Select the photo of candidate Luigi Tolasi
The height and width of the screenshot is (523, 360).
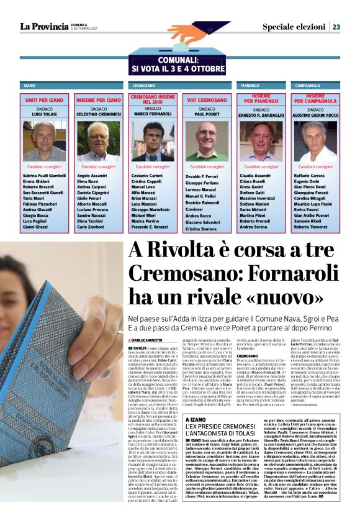[45, 141]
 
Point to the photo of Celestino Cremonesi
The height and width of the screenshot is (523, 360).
[99, 141]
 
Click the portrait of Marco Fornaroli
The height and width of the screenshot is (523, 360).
[153, 141]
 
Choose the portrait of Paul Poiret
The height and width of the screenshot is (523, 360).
[207, 141]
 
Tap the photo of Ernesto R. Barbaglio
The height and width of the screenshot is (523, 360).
[261, 141]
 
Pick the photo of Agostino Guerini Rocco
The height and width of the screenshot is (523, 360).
[315, 141]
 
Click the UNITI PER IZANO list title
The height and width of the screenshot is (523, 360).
[45, 100]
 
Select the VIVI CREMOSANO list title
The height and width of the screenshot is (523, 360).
[207, 100]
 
